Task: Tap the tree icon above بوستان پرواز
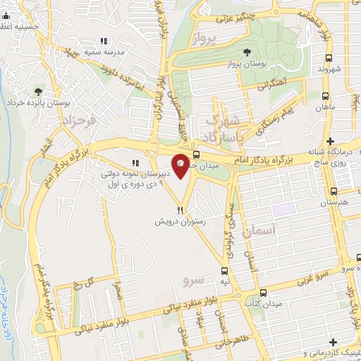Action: (x=246, y=52)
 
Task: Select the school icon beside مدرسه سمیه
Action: (x=104, y=41)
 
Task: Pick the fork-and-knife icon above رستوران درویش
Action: (x=181, y=209)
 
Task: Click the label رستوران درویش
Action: (x=180, y=221)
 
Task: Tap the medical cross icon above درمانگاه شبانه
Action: (x=330, y=141)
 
